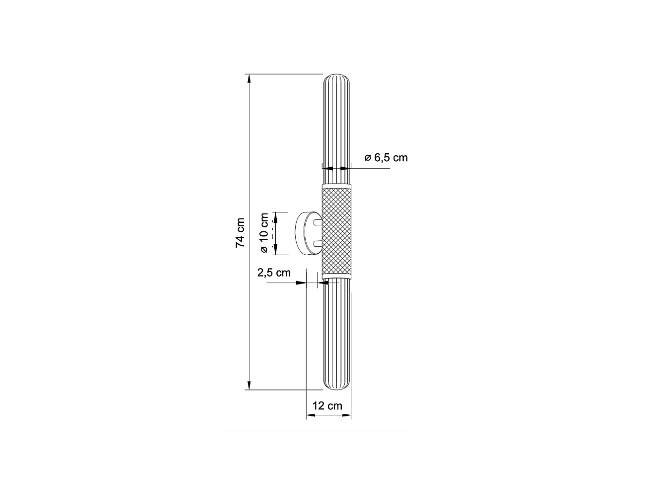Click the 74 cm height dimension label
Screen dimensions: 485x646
[x=240, y=232]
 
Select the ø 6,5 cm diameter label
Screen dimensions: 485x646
[x=386, y=158]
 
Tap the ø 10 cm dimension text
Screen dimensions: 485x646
[x=264, y=233]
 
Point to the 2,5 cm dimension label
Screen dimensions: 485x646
[x=273, y=273]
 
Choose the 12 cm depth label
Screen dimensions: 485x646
[x=327, y=405]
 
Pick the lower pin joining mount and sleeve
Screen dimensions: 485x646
[x=318, y=243]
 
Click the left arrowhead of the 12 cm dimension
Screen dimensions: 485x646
[x=309, y=414]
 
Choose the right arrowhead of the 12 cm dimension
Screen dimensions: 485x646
[x=348, y=414]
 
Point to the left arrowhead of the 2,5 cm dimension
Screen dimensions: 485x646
[x=301, y=283]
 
